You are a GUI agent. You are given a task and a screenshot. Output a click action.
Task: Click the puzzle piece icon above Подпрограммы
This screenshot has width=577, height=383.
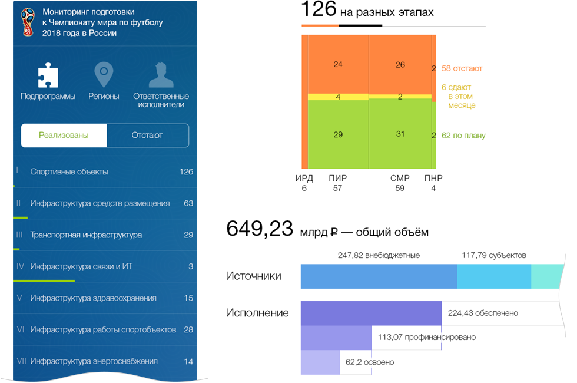48,75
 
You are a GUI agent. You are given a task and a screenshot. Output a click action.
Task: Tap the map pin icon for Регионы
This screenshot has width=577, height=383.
104,74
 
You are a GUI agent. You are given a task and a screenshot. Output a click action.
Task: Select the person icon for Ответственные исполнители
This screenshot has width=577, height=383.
161,75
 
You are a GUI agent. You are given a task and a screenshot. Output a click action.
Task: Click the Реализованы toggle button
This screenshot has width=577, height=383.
64,136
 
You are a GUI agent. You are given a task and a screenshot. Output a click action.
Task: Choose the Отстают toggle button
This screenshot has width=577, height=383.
148,136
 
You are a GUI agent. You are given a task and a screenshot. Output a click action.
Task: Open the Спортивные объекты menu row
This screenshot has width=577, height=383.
105,171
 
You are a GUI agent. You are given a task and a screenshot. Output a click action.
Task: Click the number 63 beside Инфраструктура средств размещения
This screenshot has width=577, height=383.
188,203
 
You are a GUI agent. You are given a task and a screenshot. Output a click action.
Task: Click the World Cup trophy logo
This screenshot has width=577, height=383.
28,22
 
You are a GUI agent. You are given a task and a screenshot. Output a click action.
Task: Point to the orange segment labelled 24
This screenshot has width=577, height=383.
338,64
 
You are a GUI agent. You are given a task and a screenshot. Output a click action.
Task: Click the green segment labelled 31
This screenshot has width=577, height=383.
400,134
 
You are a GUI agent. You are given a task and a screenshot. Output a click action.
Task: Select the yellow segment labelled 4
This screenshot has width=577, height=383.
338,97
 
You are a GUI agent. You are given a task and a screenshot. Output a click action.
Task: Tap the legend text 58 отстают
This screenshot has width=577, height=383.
462,68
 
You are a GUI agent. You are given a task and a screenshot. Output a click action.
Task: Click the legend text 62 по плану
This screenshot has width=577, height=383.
463,136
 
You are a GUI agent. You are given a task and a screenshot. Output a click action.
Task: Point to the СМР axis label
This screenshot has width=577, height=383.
400,178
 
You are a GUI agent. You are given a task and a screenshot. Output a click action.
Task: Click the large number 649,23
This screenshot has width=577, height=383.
260,229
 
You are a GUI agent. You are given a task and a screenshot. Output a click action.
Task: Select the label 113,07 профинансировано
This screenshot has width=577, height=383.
427,337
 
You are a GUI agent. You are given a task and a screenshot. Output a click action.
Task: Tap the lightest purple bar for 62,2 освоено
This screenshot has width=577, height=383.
320,362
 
